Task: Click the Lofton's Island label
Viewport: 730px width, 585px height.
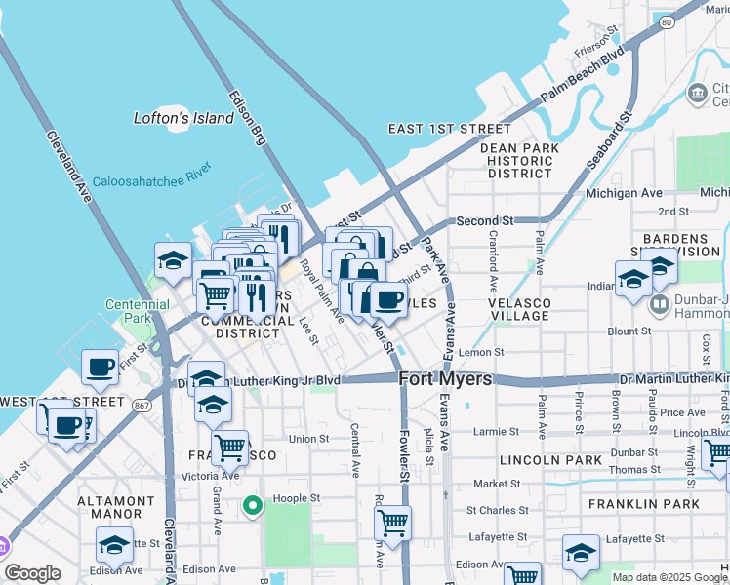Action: (183, 118)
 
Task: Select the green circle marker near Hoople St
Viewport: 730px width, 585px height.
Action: (253, 505)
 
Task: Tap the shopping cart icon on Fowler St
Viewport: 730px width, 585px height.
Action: (392, 522)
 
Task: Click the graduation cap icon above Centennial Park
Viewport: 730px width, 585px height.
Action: (173, 260)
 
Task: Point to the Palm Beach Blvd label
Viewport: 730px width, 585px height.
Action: (582, 77)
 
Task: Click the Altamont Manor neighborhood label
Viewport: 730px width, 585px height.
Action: (116, 508)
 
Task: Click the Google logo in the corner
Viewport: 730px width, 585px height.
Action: (32, 573)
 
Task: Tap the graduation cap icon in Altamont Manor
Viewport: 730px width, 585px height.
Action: (114, 543)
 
